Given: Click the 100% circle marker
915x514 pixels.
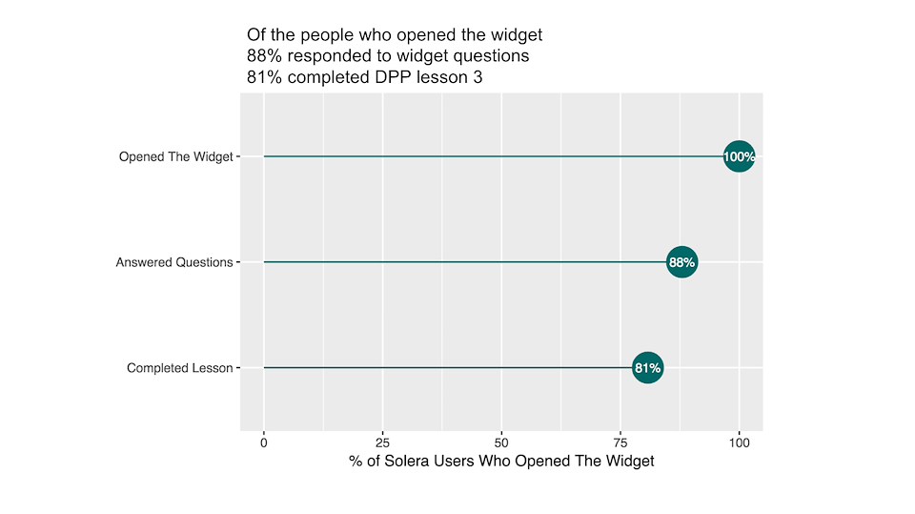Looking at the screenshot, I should tap(739, 156).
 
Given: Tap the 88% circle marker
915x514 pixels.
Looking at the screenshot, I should tap(681, 261).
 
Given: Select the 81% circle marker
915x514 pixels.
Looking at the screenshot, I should tap(648, 367).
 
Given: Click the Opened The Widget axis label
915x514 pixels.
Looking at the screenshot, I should tap(175, 156).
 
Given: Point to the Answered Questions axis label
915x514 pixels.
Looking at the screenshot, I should tap(174, 262).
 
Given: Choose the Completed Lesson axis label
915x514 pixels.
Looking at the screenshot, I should tap(179, 368).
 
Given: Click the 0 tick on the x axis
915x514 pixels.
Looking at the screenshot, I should tap(264, 442).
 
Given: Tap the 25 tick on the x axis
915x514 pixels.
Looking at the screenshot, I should tap(382, 442).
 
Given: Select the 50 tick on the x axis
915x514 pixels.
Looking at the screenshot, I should tap(501, 442).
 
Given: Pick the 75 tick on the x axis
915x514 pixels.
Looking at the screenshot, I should tap(620, 442).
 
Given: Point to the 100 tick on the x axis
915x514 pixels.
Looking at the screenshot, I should tap(739, 442).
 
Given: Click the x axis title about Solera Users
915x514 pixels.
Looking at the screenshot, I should tap(501, 462).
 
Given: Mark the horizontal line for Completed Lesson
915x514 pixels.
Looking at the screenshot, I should tap(448, 367).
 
